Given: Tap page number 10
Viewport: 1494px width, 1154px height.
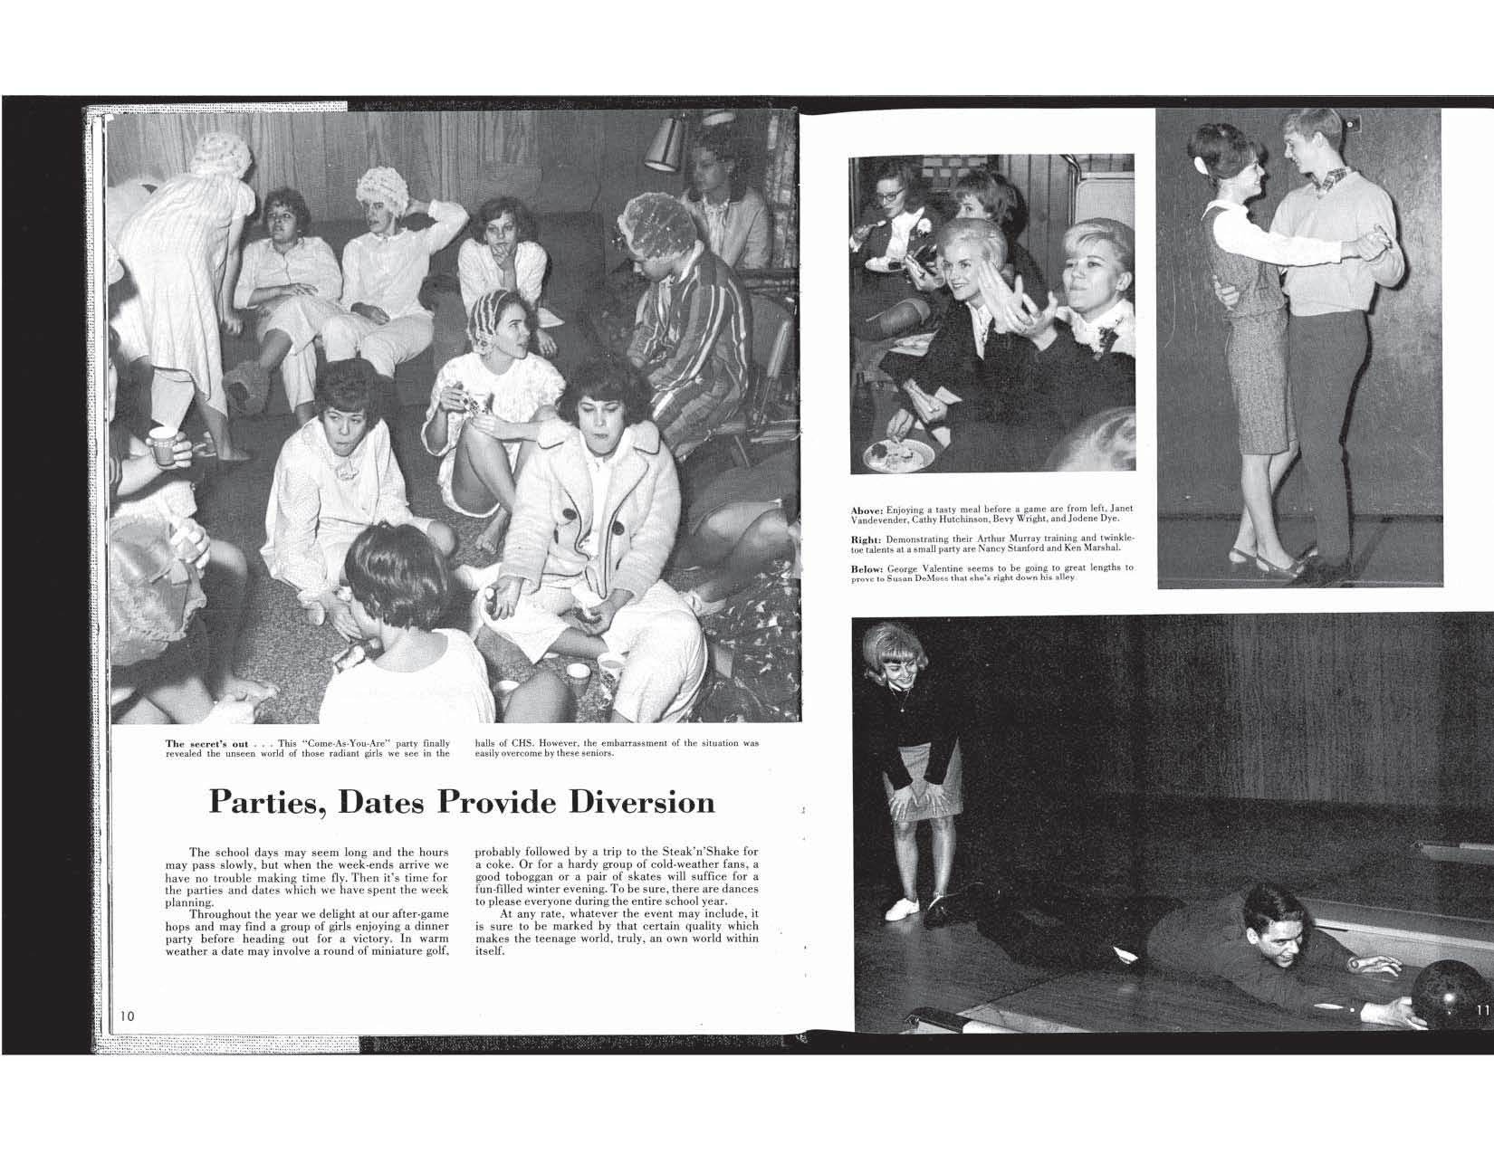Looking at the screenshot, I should coord(128,1016).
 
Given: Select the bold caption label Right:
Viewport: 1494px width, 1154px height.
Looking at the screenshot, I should coord(866,539).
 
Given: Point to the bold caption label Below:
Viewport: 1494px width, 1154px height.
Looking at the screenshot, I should coord(867,568).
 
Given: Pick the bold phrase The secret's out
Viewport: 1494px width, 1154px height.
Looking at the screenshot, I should coord(206,744).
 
